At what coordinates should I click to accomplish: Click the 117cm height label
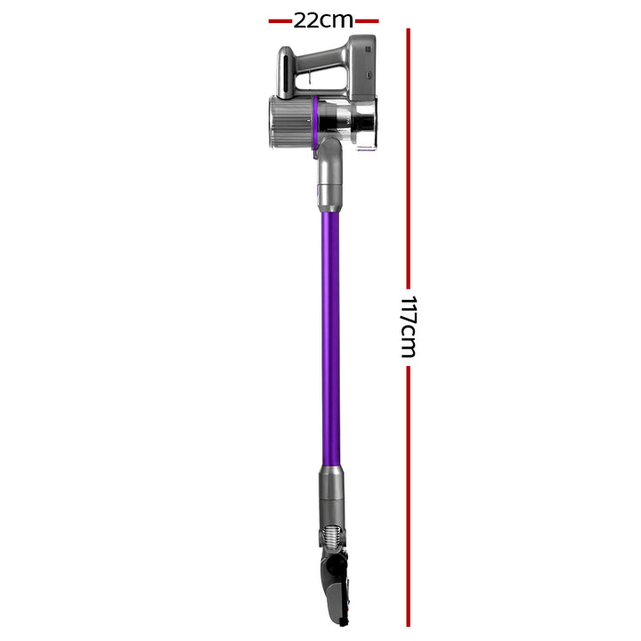(x=408, y=327)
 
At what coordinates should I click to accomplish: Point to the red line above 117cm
(x=408, y=160)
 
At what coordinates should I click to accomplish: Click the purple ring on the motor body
(x=316, y=117)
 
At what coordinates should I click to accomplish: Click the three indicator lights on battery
(x=366, y=51)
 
